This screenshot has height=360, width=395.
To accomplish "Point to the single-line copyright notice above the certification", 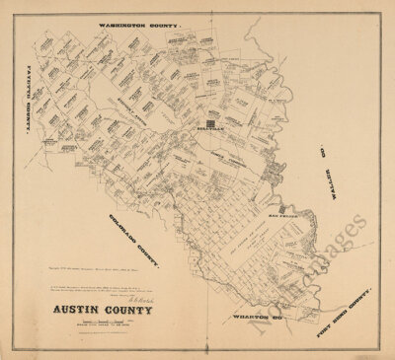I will coord(94,268).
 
